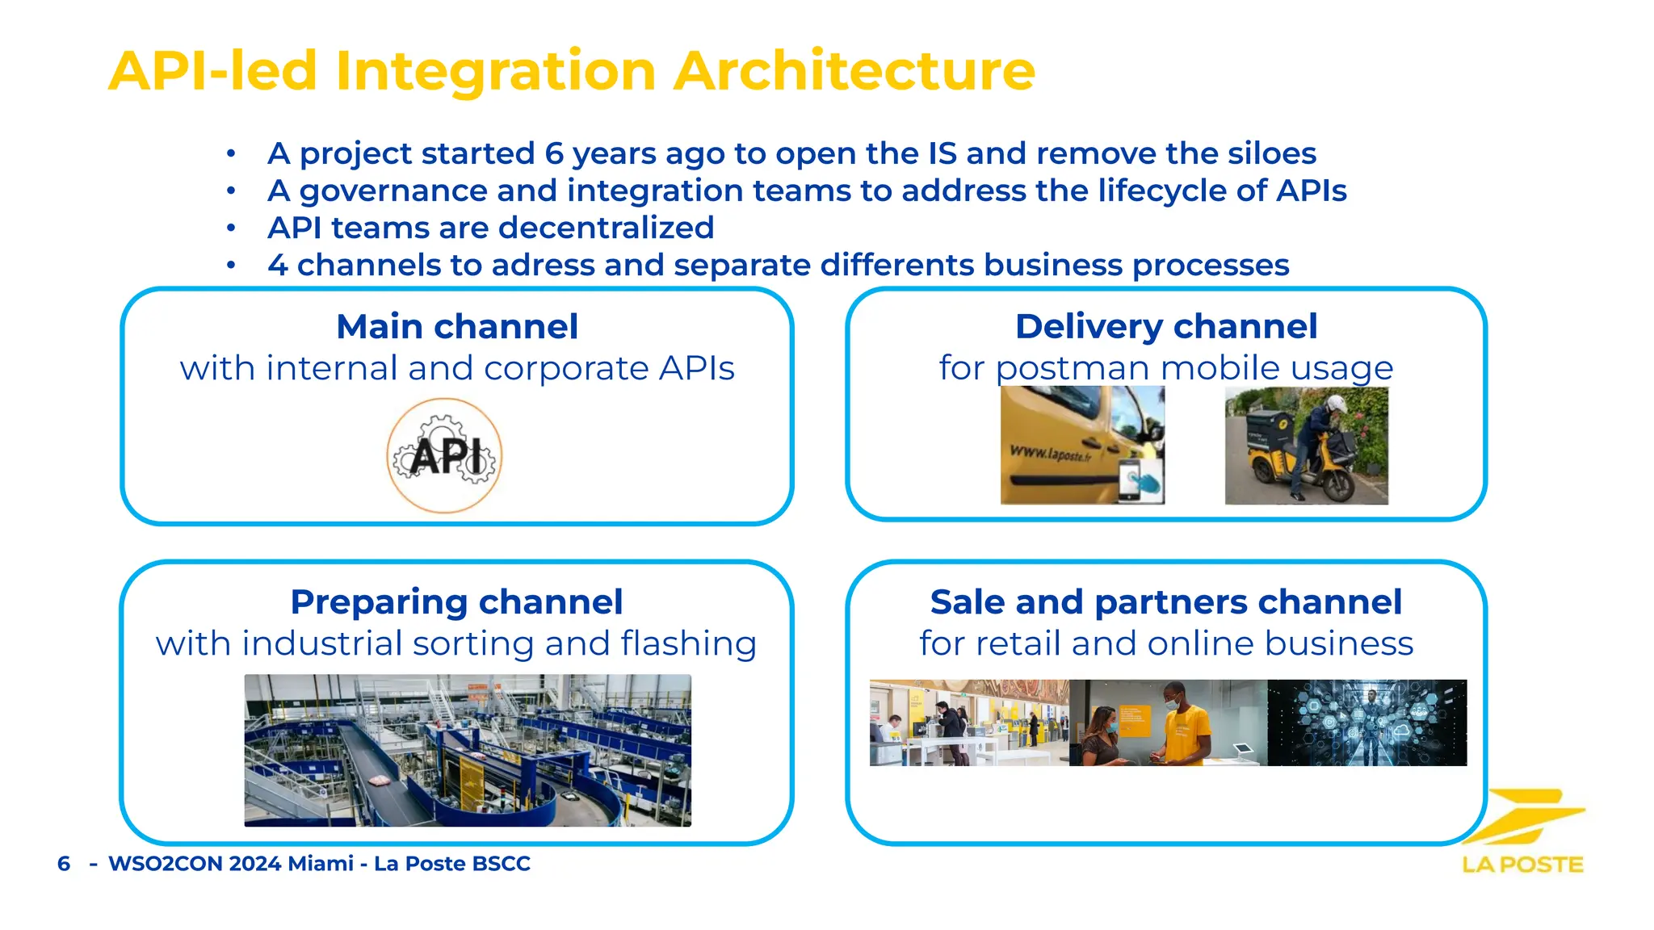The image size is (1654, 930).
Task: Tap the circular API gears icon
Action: (444, 456)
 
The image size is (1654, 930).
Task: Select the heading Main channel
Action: (457, 327)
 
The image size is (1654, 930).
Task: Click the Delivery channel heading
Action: (1166, 327)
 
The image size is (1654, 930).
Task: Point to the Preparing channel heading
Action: (456, 602)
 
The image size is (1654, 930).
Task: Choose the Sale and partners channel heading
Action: (1165, 602)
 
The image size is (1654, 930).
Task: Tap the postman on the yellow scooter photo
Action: (1306, 446)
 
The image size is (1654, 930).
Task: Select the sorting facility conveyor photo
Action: (468, 750)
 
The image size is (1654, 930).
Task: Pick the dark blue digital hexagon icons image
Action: (1366, 723)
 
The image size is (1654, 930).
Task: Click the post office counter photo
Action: (968, 723)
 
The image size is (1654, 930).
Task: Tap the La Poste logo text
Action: (1522, 865)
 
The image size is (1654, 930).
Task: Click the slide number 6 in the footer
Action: (64, 864)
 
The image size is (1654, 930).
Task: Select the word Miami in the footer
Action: (321, 864)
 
